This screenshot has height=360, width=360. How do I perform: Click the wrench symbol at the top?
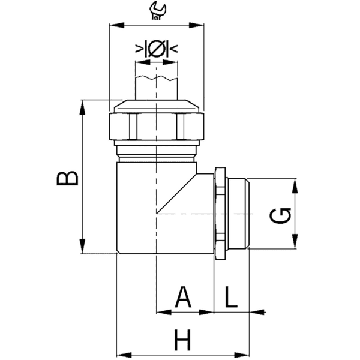tap(157, 10)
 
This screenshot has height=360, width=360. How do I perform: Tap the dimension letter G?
tap(280, 215)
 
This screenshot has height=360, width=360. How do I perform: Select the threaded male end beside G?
tap(238, 214)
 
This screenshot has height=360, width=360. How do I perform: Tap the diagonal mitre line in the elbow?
tap(178, 194)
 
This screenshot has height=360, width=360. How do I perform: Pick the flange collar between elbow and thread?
tap(220, 214)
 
